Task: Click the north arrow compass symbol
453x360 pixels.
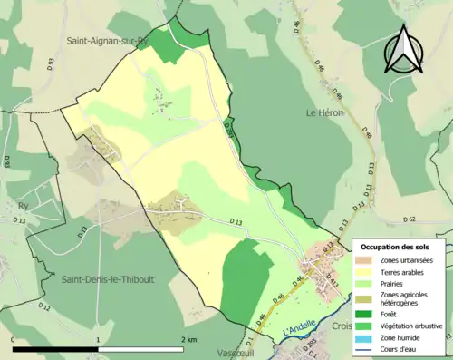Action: click(x=405, y=50)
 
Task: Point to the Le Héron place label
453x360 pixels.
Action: click(x=323, y=113)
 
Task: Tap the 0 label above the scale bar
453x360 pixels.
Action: click(x=14, y=339)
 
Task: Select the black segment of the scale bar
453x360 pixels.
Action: click(x=55, y=350)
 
